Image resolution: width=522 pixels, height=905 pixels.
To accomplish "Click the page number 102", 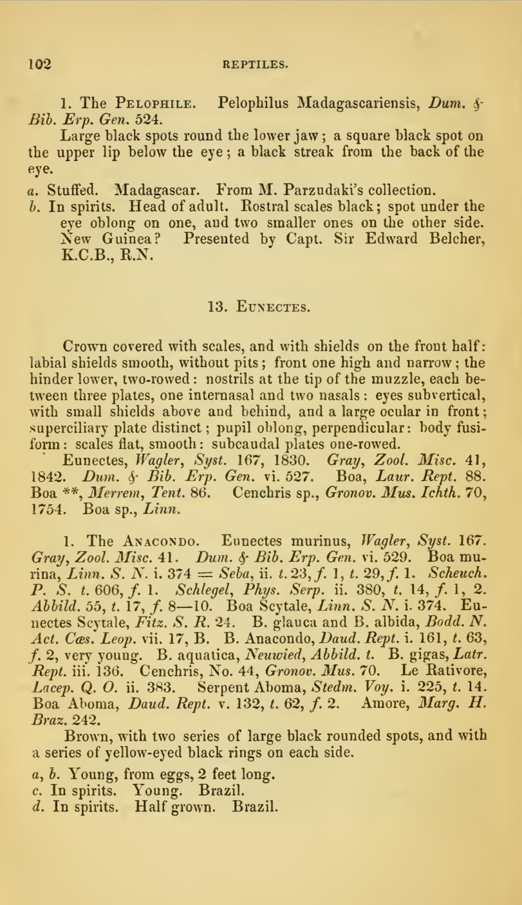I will pos(39,63).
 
